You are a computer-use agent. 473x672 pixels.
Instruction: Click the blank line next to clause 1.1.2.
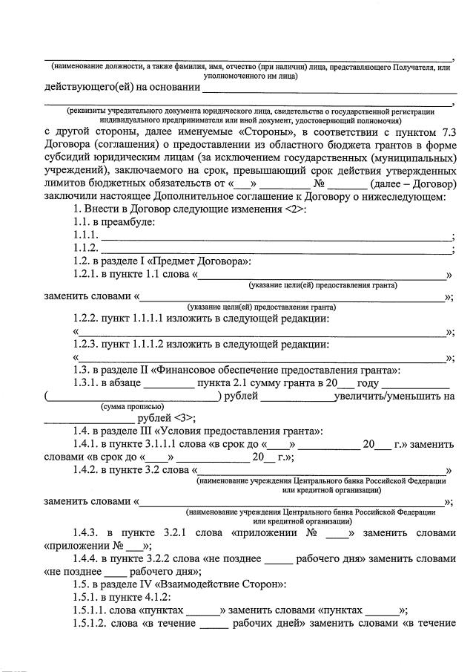click(x=275, y=248)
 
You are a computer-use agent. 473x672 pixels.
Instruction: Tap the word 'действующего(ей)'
click(x=88, y=88)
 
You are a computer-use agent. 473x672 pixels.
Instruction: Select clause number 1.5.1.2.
click(x=95, y=625)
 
